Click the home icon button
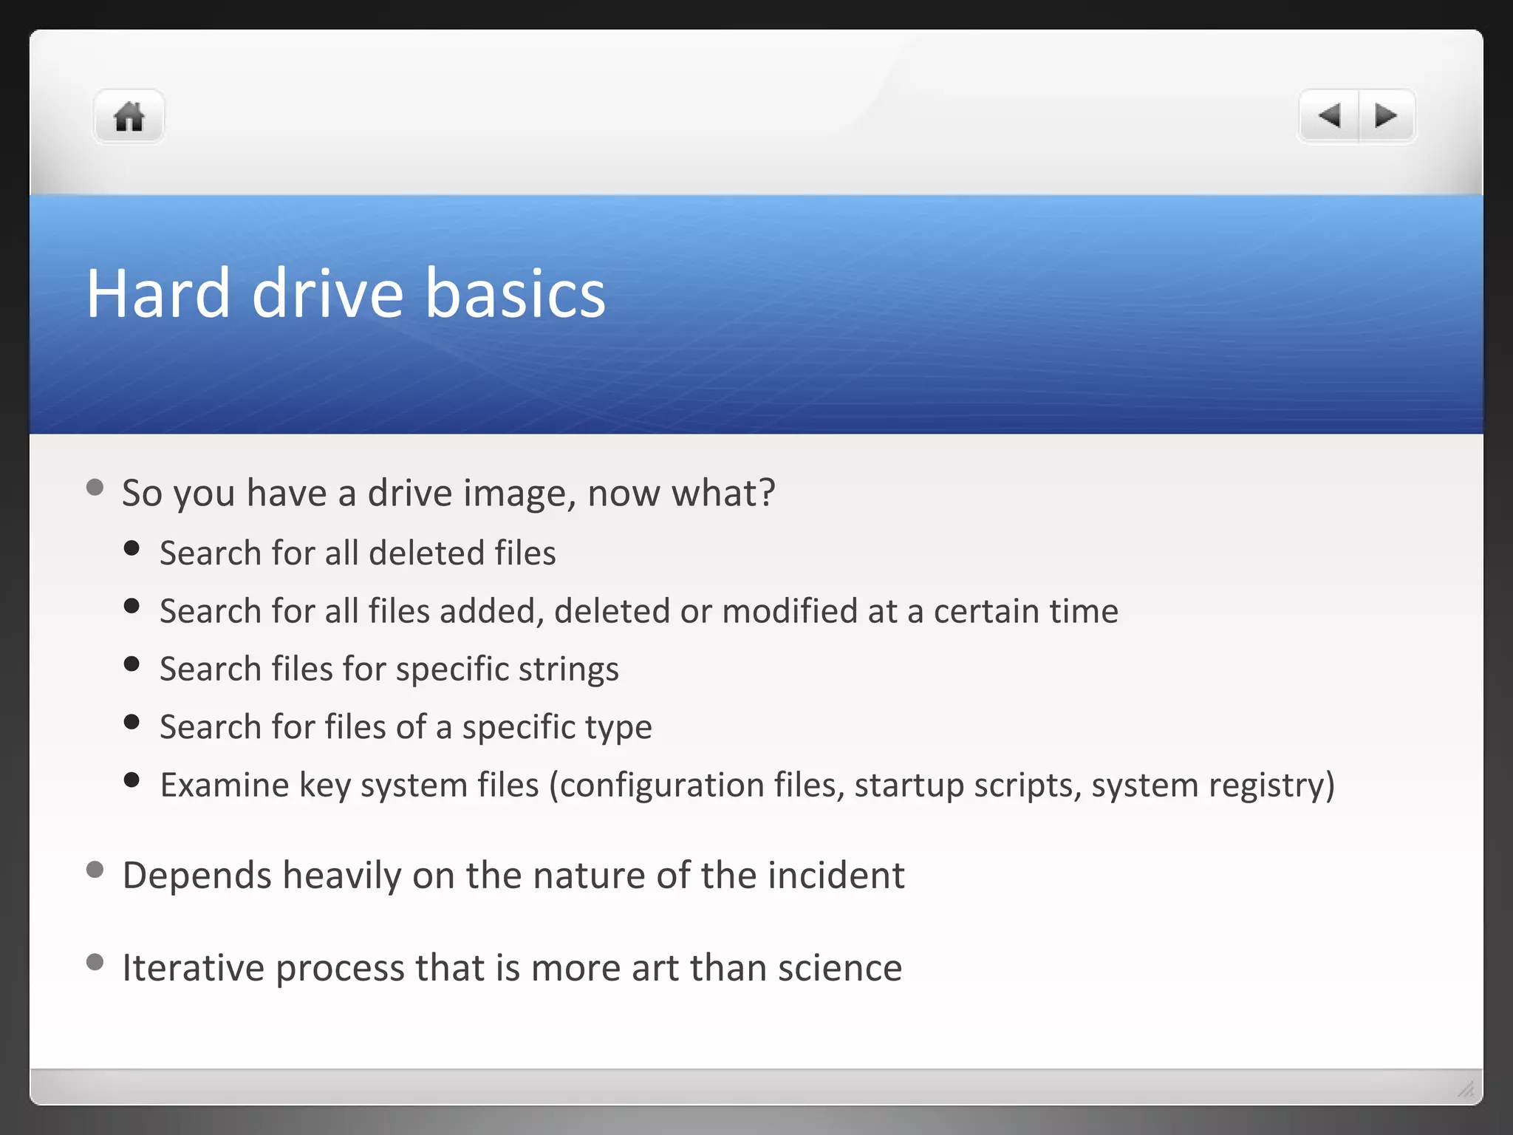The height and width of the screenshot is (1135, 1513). (129, 117)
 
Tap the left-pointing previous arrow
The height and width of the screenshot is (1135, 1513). (1330, 116)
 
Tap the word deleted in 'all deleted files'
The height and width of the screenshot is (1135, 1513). (426, 553)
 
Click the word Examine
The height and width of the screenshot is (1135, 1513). (224, 785)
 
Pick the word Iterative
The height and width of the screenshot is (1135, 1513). (193, 968)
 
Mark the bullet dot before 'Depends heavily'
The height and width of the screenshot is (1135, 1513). (95, 869)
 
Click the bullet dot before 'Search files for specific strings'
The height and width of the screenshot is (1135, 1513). (132, 664)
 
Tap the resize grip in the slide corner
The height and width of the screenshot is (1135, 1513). (1466, 1088)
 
